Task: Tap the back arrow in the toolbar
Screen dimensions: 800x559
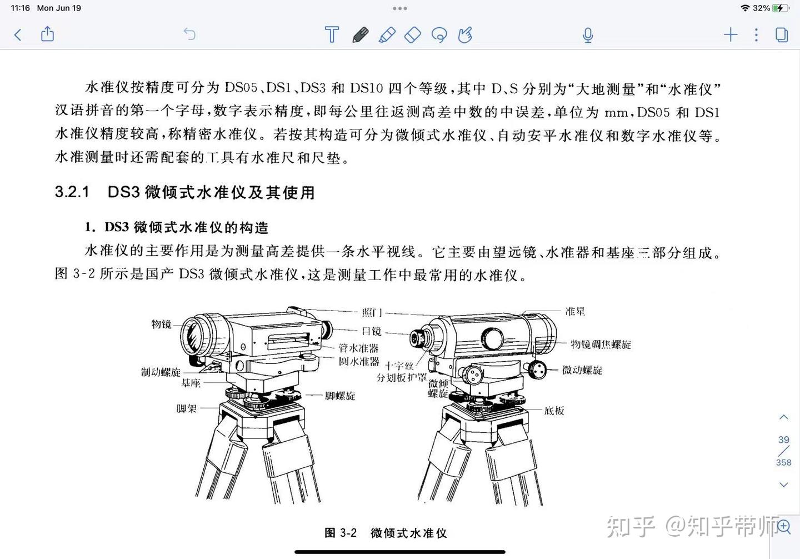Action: click(18, 35)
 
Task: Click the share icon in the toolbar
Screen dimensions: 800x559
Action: click(48, 34)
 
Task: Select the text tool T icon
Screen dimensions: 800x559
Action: click(332, 34)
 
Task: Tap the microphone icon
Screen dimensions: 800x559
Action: click(588, 35)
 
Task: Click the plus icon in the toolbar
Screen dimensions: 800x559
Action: click(731, 34)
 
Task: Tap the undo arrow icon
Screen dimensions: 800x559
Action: click(189, 34)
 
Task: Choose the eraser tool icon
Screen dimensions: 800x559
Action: click(413, 35)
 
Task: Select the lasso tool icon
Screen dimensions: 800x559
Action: click(439, 35)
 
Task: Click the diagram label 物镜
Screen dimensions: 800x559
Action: click(162, 324)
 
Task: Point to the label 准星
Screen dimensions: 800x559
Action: click(575, 311)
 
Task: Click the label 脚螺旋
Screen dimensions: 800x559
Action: click(340, 396)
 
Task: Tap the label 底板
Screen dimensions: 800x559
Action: click(554, 411)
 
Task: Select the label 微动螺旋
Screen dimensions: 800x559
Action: click(582, 370)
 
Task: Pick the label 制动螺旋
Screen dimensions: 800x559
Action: click(161, 372)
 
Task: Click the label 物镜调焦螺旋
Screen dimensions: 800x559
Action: click(601, 345)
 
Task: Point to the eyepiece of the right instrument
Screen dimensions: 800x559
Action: click(417, 338)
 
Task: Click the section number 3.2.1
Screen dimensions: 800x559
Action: click(72, 192)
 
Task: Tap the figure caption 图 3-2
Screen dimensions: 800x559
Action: click(341, 533)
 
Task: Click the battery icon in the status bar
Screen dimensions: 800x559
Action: click(781, 8)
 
